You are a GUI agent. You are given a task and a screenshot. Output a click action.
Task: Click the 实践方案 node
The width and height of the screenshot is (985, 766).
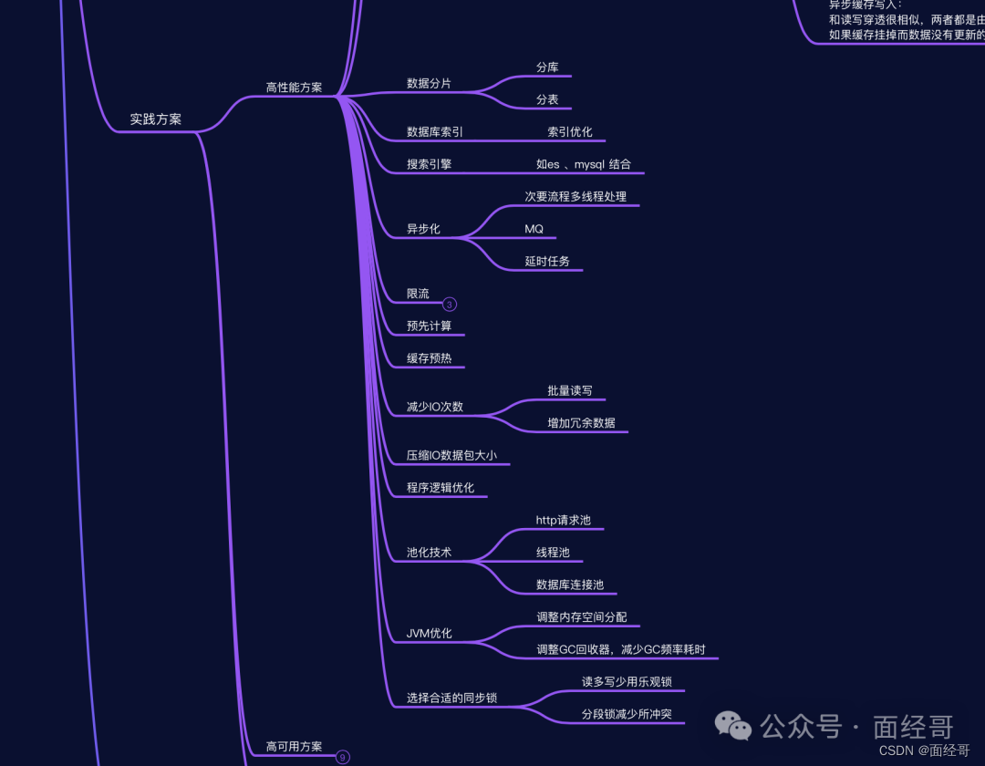pos(155,119)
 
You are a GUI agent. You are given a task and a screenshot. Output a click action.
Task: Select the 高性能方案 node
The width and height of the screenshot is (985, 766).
pos(294,88)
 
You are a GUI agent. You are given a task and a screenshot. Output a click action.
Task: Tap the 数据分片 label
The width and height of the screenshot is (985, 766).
pos(429,84)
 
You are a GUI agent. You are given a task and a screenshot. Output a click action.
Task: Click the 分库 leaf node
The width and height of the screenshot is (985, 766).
pos(547,67)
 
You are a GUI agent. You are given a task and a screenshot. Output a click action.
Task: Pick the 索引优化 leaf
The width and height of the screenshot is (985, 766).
pos(570,132)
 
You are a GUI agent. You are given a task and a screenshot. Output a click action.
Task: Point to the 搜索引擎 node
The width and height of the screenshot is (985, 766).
pos(429,165)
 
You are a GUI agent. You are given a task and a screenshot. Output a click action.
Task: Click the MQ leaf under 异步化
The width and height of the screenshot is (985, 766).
pos(534,229)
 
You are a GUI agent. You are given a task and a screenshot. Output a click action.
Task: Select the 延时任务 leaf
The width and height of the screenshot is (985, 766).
pos(547,262)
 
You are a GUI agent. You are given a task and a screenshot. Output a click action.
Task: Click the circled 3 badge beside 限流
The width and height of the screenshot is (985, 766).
pos(450,305)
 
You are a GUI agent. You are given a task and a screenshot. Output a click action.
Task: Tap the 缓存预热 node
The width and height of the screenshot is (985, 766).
pos(429,358)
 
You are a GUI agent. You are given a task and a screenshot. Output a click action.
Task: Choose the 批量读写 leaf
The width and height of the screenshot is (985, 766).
pos(570,391)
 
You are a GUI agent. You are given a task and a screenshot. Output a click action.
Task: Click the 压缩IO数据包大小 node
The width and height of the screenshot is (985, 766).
pos(451,455)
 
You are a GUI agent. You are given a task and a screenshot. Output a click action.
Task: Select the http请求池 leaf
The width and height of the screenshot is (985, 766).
pos(563,521)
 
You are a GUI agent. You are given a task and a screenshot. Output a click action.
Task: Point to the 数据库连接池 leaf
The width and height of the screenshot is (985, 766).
pos(570,585)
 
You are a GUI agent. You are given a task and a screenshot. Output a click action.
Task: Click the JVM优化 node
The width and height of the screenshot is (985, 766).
pos(429,634)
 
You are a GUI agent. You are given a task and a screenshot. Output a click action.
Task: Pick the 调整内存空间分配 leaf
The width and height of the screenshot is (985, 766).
pos(582,617)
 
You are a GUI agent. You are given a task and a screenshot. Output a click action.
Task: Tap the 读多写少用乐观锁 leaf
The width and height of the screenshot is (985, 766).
pos(633,682)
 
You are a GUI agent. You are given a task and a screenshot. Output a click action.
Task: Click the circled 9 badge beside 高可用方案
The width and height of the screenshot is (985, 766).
pos(343,757)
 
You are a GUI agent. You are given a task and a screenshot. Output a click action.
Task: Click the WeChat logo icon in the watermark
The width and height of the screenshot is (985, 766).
pos(733,726)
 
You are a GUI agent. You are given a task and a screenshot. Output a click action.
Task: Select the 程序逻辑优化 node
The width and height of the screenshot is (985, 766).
pos(441,488)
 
